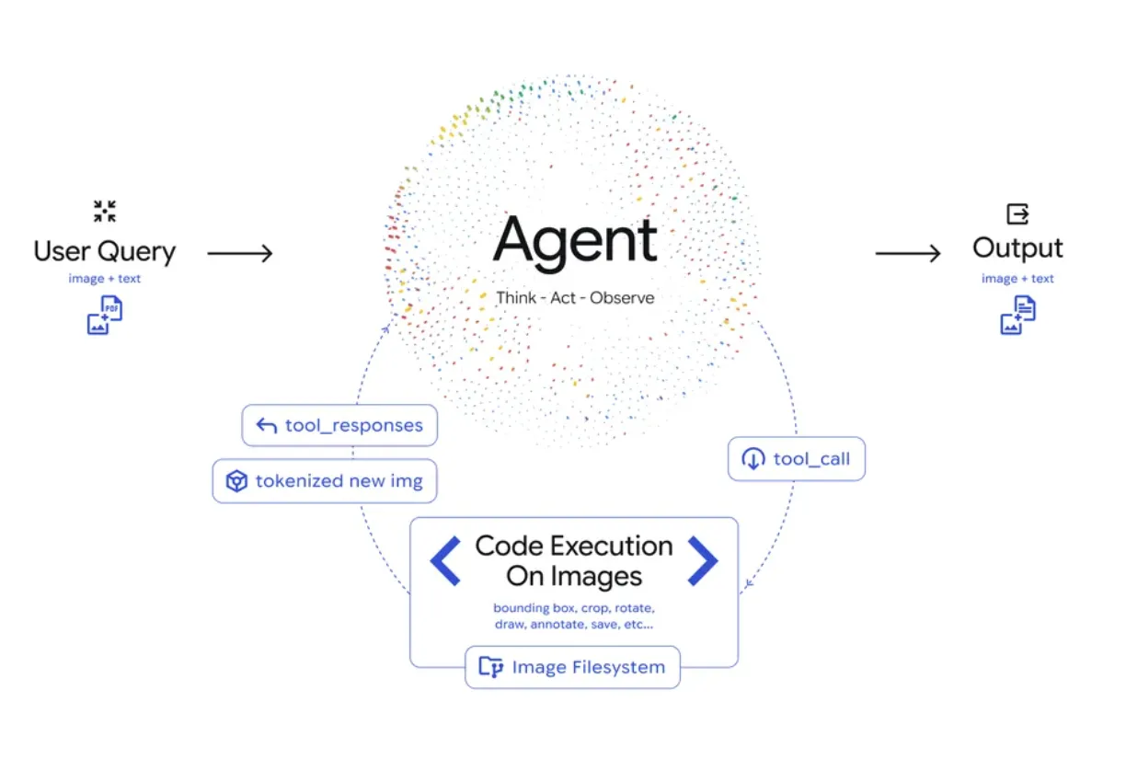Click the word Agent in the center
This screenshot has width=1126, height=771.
click(575, 242)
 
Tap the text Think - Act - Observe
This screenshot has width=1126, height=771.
click(575, 298)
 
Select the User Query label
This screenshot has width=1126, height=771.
click(104, 251)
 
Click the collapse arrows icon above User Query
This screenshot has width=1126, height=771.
click(105, 211)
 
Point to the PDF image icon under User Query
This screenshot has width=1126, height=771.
click(105, 315)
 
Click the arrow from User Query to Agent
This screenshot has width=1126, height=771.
click(240, 253)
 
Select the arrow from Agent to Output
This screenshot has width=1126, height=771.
click(908, 253)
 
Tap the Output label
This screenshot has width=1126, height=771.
click(1017, 248)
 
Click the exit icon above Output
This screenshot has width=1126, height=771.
click(1017, 214)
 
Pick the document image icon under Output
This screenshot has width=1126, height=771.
click(1017, 315)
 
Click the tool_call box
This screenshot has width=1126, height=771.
click(797, 459)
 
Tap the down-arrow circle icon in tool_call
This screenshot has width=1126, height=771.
click(753, 459)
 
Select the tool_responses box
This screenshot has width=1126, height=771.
click(339, 425)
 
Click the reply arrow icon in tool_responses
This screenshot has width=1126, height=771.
click(267, 425)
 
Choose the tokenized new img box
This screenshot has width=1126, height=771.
click(325, 481)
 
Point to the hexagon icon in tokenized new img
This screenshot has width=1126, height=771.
click(237, 481)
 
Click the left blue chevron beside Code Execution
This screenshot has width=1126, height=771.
click(445, 560)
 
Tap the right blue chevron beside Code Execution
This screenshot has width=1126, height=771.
click(703, 560)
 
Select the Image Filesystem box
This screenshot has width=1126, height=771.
click(572, 667)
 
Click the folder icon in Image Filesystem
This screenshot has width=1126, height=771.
click(491, 667)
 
